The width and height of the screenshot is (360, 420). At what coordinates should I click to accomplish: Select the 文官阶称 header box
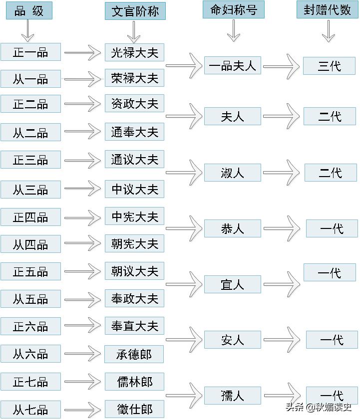click(135, 11)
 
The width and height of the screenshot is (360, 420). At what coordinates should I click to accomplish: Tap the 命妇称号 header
click(233, 10)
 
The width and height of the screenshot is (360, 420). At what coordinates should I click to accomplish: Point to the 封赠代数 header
click(327, 10)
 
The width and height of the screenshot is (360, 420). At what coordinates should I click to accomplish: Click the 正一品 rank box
click(30, 52)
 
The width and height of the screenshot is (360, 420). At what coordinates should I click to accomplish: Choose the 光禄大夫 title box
click(134, 52)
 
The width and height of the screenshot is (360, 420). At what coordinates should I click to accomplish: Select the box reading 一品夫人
click(232, 65)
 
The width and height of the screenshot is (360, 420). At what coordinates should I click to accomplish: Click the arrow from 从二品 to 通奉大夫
click(83, 132)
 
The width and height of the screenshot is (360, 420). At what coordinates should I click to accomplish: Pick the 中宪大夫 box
click(134, 216)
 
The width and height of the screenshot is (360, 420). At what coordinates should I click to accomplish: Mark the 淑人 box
click(232, 173)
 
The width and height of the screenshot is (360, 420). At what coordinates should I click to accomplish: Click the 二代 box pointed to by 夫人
click(330, 116)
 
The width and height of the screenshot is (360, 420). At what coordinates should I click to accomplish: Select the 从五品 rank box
click(30, 299)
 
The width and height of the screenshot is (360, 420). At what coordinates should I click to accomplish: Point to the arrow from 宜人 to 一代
click(282, 284)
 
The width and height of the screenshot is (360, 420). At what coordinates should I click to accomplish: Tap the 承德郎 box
click(134, 354)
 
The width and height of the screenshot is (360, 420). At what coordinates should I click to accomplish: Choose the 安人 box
click(232, 340)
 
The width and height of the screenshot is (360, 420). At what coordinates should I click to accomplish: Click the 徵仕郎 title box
click(134, 409)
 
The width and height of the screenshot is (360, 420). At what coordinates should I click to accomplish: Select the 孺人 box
click(232, 396)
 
